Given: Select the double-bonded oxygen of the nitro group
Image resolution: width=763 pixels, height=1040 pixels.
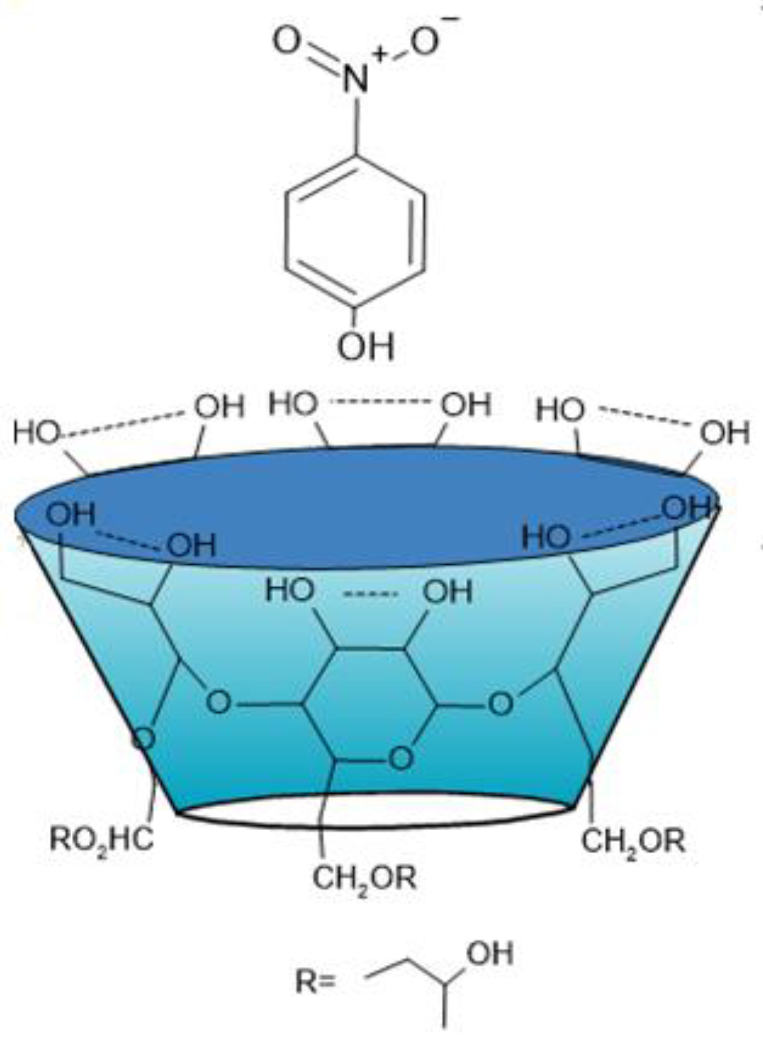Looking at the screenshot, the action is click(x=287, y=41).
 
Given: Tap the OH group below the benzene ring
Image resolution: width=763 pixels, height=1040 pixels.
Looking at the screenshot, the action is click(x=366, y=347).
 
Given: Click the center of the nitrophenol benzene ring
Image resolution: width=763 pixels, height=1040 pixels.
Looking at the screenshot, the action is click(x=356, y=232).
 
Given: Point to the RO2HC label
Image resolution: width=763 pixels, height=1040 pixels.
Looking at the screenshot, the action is click(x=101, y=840).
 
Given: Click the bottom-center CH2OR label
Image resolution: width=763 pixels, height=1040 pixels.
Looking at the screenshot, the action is click(x=364, y=878).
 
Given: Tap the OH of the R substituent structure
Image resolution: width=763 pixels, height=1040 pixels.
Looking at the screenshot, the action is click(x=490, y=954).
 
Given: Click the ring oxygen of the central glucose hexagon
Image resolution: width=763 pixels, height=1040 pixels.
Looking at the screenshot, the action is click(x=401, y=757).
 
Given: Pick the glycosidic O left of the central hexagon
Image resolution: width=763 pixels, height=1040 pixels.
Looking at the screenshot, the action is click(x=219, y=702).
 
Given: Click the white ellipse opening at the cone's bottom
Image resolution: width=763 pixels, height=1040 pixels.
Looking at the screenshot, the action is click(x=375, y=811).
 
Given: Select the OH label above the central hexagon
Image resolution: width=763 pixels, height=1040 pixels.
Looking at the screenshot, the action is click(x=447, y=592).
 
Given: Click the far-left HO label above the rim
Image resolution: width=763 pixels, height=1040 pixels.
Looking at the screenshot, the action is click(x=36, y=432).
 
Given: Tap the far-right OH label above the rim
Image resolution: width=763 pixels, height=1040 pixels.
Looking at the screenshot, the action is click(x=725, y=433).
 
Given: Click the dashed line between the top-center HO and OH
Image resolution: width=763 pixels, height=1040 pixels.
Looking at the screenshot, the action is click(x=379, y=402).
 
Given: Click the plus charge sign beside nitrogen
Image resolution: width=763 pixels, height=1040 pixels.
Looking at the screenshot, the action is click(x=380, y=54).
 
